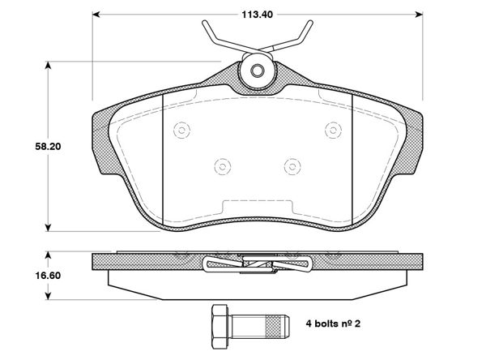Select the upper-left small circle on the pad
181,129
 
